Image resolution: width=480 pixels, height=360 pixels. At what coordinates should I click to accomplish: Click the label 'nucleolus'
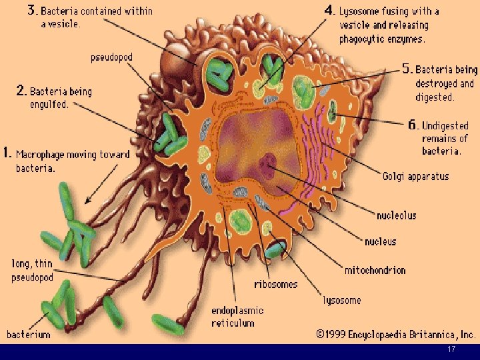[x=396, y=215]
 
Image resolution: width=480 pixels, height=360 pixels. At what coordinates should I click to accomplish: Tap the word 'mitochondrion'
[x=375, y=270]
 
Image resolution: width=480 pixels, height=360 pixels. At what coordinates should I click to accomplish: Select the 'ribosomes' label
[x=275, y=284]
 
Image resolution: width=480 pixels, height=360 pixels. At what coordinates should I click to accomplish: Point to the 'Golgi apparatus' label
[x=415, y=177]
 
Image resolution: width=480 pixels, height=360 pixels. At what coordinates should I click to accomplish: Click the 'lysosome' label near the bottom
[x=342, y=300]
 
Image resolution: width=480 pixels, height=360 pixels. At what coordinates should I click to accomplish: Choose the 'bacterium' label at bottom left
[x=28, y=334]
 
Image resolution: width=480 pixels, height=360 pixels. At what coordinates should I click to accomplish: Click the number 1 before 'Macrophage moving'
[x=7, y=153]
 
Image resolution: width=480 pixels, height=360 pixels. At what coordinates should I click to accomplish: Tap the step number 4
[x=329, y=10]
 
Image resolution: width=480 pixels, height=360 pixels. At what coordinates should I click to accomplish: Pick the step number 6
[x=413, y=125]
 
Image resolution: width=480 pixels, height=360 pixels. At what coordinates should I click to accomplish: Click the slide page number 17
[x=451, y=351]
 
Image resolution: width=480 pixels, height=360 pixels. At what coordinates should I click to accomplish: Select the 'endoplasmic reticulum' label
[x=237, y=317]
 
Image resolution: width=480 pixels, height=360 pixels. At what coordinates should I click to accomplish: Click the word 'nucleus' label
[x=380, y=241]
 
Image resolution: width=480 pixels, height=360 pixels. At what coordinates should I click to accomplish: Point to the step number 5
[x=407, y=69]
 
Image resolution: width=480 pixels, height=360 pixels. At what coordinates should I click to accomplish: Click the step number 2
[x=21, y=91]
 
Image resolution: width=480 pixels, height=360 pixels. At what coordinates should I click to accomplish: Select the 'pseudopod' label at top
[x=111, y=57]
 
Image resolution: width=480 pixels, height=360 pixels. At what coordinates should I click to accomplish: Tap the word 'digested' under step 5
[x=435, y=97]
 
